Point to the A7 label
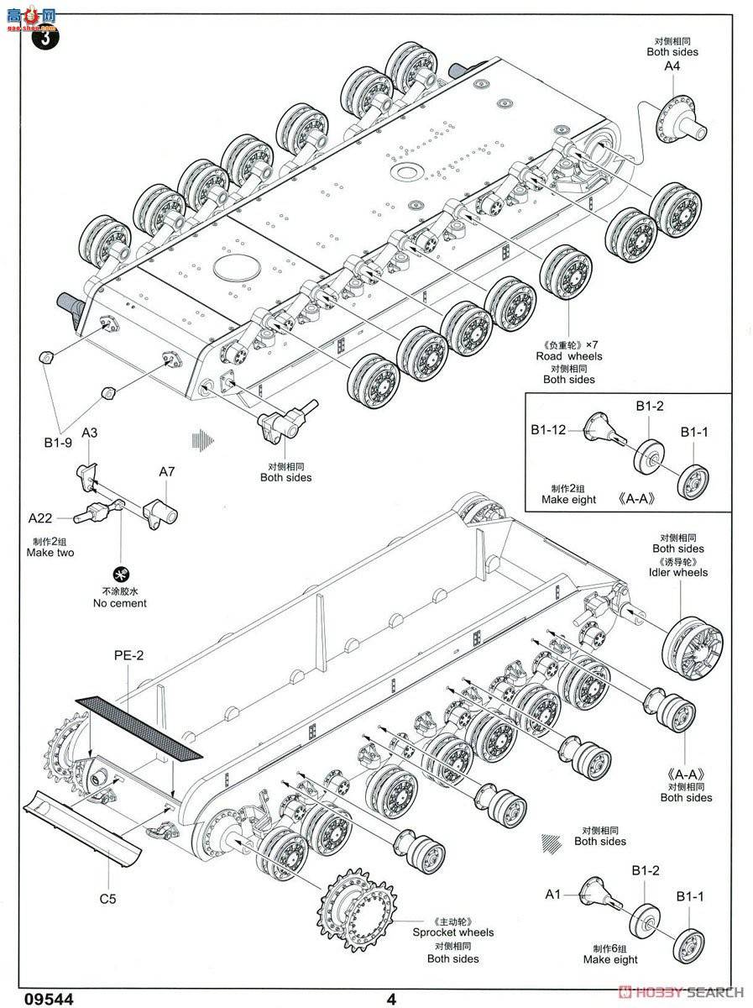166,472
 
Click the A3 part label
90,433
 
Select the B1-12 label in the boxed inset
548,429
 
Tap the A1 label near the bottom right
552,895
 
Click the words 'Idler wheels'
678,572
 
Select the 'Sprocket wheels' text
452,932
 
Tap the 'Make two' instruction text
50,553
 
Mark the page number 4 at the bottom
391,999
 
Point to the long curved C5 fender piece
92,827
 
